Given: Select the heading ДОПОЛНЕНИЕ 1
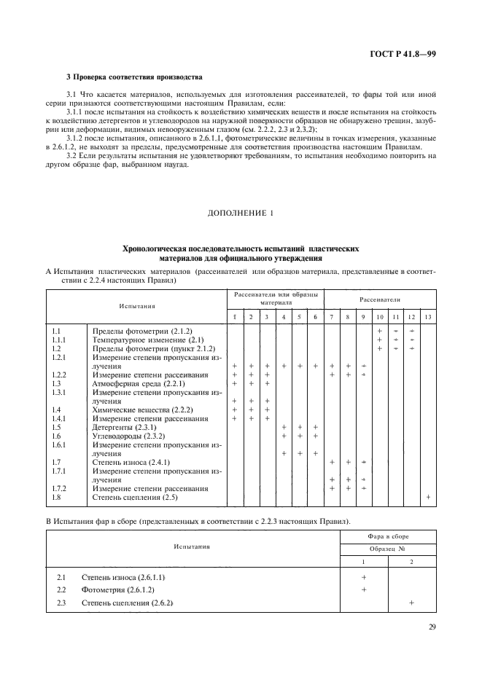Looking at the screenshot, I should point(241,213).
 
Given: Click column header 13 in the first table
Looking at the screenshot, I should point(427,317).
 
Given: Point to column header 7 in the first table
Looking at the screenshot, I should point(332,317).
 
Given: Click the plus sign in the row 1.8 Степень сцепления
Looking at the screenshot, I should point(427,497).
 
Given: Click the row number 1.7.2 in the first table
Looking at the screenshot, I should point(61,488).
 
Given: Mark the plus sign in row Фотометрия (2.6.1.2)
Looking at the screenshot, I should point(363,589).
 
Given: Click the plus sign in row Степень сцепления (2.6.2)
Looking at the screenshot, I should point(411,603).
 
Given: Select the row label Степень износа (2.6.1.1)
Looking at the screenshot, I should point(133,576).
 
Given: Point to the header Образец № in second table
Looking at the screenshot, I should point(386,548).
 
